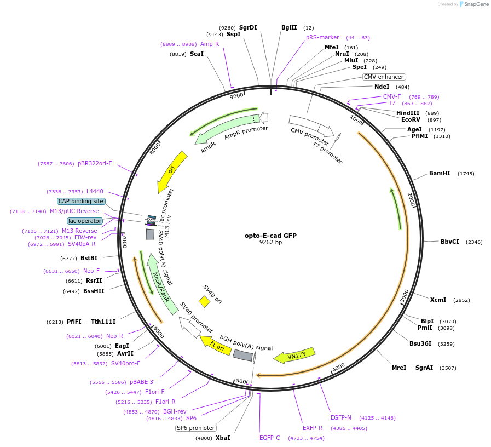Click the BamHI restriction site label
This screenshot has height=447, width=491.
439,173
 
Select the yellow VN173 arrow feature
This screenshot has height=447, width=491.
294,356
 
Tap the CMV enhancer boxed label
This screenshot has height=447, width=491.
384,77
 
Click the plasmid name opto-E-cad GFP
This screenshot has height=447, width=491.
270,236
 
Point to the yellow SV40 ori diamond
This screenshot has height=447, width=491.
204,301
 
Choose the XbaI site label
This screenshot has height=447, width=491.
223,438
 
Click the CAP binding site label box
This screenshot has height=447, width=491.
81,201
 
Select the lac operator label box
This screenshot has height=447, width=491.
85,221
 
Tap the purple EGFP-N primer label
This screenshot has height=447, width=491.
340,417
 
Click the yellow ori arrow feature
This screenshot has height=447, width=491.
172,171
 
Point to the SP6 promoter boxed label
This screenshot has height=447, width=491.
196,428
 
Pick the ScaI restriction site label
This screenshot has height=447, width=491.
197,54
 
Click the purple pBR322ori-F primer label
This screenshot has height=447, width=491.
95,163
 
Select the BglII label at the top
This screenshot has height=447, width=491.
289,27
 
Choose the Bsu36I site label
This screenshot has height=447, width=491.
420,343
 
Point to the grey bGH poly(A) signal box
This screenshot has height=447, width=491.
242,356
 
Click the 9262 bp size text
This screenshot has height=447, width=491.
270,243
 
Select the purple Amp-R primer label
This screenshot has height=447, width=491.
210,44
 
